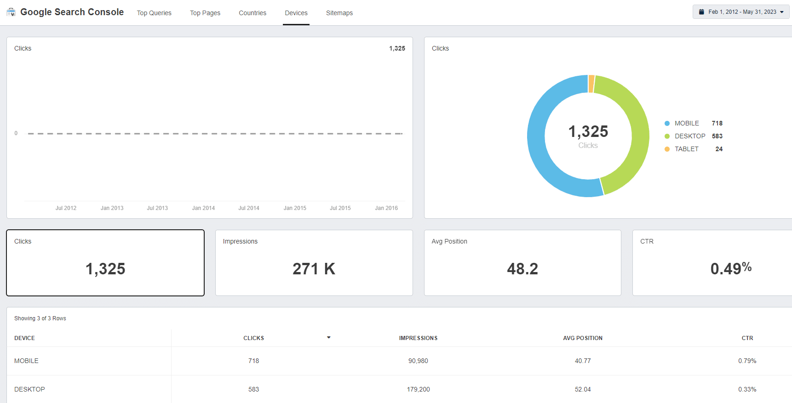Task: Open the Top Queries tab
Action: (154, 13)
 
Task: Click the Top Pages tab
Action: (205, 13)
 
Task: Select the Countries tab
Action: (253, 13)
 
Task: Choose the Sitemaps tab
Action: (339, 13)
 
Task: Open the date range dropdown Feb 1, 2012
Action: (741, 12)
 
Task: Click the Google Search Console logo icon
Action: (11, 12)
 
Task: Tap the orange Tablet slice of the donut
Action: (591, 84)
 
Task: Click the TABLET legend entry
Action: (686, 149)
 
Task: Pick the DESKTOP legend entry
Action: (689, 136)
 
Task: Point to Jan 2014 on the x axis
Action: (203, 208)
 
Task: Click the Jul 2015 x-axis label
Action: (340, 208)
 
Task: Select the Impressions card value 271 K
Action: (314, 269)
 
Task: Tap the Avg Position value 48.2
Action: (522, 269)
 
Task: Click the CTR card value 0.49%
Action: (730, 268)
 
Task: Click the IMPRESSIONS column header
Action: (418, 338)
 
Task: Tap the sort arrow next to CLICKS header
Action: (328, 337)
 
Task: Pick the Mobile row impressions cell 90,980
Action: (418, 361)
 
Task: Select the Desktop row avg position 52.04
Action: (583, 389)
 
